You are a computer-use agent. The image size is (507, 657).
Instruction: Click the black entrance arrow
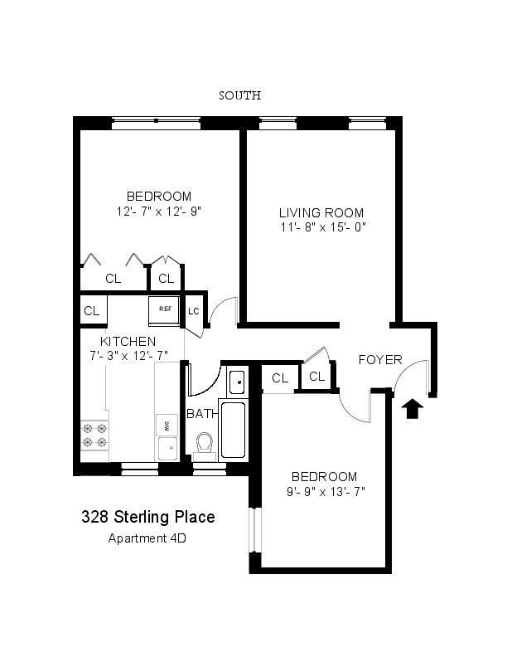413,408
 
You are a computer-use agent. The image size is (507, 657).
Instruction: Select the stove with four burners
94,436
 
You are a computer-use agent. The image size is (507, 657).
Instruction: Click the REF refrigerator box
165,310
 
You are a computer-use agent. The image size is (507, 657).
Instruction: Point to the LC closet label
193,311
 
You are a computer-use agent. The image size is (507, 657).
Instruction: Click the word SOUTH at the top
240,95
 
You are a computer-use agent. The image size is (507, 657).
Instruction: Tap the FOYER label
380,359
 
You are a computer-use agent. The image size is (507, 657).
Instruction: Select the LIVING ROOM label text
321,213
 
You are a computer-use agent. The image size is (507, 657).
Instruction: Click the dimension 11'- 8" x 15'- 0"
323,227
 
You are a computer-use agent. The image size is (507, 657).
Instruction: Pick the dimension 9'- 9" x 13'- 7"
326,491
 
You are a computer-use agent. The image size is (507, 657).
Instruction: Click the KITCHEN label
128,341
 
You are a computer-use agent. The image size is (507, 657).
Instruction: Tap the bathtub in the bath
233,430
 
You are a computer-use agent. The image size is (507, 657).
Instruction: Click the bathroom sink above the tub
237,382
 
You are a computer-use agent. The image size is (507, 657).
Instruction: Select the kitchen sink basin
167,449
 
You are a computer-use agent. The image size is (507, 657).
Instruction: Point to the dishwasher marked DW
167,426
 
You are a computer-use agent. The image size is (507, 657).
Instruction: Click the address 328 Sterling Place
148,517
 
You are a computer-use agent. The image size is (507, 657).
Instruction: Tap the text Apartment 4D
147,538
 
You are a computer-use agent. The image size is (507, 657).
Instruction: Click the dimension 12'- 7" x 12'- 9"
159,212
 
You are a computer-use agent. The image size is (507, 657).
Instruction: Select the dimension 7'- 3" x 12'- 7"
129,356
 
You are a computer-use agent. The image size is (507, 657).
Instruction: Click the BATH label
202,414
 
